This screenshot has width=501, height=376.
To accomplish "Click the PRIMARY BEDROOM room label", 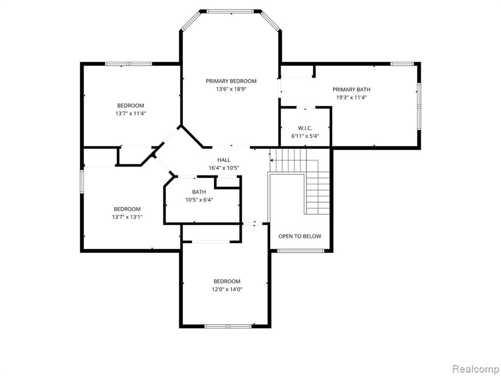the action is tap(231, 81).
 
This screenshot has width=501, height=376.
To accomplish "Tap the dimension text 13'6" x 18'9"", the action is tap(231, 89).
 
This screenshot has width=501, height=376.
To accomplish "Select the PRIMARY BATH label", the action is tap(351, 90).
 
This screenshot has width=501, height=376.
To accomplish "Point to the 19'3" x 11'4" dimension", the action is tap(351, 97).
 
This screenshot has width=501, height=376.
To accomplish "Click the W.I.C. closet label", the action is tap(305, 128).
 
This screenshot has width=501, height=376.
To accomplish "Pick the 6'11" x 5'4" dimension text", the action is tap(305, 136).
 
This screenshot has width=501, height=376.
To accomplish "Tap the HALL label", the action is tap(224, 160).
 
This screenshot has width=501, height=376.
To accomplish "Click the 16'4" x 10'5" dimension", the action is tap(224, 168).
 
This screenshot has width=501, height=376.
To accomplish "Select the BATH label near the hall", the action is tap(199, 192).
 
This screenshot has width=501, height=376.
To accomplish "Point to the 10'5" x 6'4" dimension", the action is tap(199, 200).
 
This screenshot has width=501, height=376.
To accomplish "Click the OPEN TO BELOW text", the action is tap(300, 236).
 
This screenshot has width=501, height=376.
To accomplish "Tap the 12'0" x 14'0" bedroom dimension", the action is tap(227, 289).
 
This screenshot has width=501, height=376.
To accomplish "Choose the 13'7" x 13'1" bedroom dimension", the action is tap(127, 217).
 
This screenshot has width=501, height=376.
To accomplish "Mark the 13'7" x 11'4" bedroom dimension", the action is tap(131, 114).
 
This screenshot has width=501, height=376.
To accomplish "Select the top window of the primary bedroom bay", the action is tap(230, 12).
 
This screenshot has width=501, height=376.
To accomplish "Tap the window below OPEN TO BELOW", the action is tap(300, 251).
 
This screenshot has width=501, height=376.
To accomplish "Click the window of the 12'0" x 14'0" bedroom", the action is tap(228, 326).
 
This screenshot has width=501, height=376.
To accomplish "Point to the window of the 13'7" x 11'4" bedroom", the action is tap(129, 64).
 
